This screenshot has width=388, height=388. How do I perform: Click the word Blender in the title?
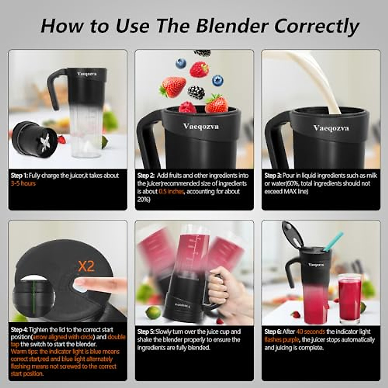pos(232,26)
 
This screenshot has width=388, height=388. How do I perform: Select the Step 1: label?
pos(19,176)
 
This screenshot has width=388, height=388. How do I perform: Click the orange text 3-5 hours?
pos(23,184)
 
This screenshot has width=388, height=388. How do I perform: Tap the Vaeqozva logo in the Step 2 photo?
pos(201,126)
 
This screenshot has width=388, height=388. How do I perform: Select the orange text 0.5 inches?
pos(171,192)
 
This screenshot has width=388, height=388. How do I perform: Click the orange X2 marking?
pos(86,266)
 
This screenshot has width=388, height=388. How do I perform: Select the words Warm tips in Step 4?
pos(24,352)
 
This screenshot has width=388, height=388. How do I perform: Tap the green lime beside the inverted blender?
pos(153,312)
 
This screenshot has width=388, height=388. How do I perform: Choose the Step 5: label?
pos(146,332)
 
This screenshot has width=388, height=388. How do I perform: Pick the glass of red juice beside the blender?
pos(350,297)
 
